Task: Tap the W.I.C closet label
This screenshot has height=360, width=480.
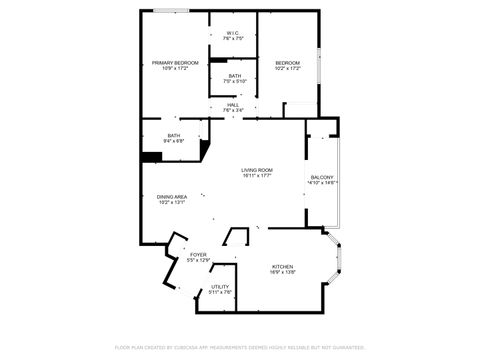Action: tap(234, 33)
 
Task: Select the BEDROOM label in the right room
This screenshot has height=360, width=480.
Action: tap(287, 63)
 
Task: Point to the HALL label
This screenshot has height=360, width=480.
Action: tap(233, 104)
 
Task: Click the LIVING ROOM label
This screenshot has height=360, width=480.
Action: tap(257, 170)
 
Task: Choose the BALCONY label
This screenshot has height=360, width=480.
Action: tap(322, 177)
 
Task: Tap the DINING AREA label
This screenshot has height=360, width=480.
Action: tap(172, 197)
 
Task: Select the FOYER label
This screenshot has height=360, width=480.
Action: tap(198, 255)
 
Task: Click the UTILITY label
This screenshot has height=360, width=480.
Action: tap(220, 287)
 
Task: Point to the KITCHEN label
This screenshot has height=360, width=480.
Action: tap(283, 266)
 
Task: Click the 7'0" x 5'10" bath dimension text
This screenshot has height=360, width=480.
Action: tap(234, 81)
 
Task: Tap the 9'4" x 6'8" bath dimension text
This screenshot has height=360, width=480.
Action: tap(174, 141)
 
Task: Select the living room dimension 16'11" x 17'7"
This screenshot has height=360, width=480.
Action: tap(257, 176)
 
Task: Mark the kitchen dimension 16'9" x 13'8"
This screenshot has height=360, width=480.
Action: tap(283, 272)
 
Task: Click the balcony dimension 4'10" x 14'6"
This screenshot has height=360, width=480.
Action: tap(322, 183)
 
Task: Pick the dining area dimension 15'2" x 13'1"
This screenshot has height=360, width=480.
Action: tap(172, 203)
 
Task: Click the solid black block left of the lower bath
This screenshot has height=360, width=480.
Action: tap(152, 155)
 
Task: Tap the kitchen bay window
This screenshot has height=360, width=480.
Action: tap(337, 261)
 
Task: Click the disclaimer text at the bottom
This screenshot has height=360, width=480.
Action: tap(239, 347)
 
